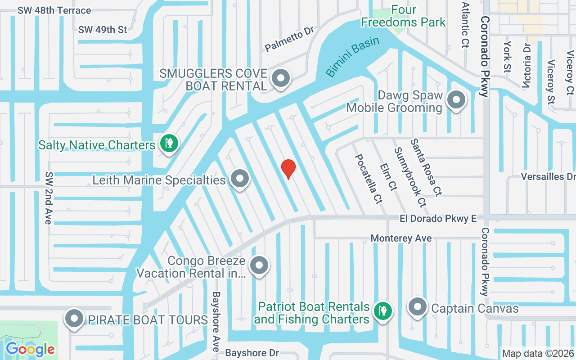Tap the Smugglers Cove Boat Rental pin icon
click(281, 78)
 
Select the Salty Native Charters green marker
click(170, 144)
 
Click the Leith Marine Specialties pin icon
click(240, 179)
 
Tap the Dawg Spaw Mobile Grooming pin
click(457, 101)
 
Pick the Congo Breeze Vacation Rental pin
click(259, 265)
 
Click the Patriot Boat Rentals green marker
click(382, 310)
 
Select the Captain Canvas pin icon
click(417, 308)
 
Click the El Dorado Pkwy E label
click(438, 219)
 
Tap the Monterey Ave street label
click(401, 238)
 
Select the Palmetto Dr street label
click(288, 39)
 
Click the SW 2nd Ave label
click(48, 198)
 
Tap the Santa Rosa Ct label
click(425, 167)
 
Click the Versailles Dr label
click(548, 176)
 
